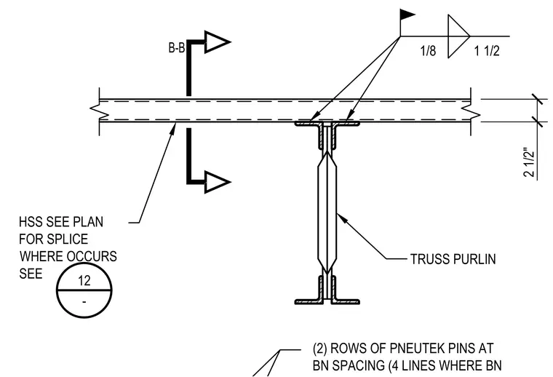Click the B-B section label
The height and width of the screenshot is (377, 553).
tap(176, 47)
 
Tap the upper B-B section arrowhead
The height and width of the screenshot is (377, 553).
tap(217, 42)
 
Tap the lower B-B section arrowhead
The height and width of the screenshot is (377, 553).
tap(217, 182)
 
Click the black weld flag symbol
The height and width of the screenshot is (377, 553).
tap(407, 15)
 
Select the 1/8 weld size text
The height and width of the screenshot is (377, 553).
tap(428, 51)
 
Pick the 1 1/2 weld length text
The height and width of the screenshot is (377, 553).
tap(487, 51)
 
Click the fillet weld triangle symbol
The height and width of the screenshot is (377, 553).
tap(458, 36)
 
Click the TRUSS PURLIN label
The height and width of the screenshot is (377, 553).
tap(453, 259)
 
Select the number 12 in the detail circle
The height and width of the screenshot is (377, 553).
tap(84, 281)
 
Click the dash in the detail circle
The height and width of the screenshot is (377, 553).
tap(84, 302)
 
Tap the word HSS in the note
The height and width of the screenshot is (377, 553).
tap(31, 222)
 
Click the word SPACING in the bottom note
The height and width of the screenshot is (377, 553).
tap(359, 365)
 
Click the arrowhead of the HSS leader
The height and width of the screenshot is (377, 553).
tap(172, 128)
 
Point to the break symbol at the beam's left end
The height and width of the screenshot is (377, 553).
tap(95, 111)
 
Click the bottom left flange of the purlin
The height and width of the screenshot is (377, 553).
tap(308, 302)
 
